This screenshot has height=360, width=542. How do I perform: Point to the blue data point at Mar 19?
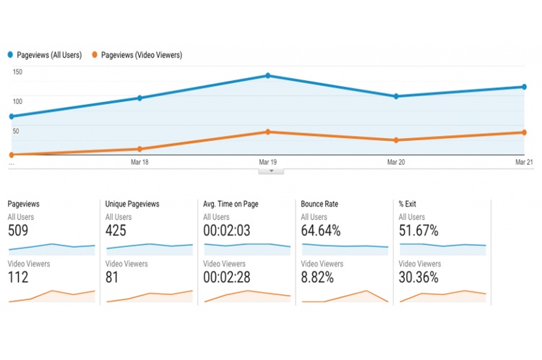point(267,76)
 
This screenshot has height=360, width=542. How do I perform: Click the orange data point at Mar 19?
point(267,132)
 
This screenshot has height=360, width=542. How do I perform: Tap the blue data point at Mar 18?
point(139,98)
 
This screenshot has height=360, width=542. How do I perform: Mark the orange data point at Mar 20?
point(395,140)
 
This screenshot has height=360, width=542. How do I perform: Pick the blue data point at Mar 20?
point(395,96)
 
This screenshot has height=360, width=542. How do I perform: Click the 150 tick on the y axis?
point(17,72)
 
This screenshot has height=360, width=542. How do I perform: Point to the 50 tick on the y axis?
point(15,131)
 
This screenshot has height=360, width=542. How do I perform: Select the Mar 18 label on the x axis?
point(139,163)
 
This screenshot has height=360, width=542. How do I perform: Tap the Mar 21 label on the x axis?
point(524,163)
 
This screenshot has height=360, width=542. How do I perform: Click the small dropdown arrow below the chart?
point(271,171)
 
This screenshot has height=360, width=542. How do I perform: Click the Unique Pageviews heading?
point(132,204)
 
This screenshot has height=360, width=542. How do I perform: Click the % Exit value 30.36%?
point(418,278)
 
